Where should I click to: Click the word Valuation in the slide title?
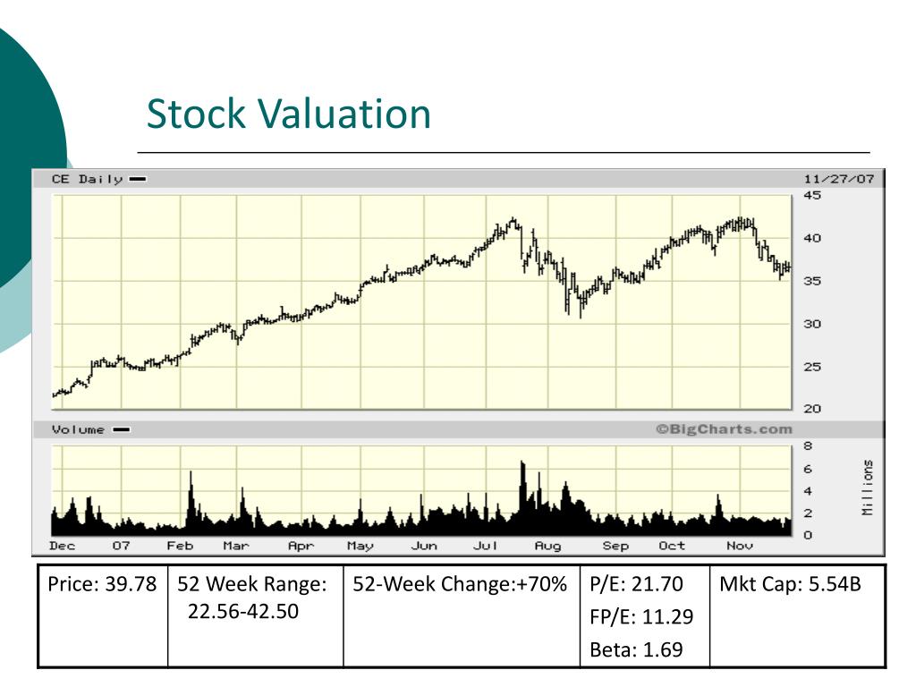[x=343, y=114]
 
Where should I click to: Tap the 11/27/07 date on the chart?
[x=838, y=179]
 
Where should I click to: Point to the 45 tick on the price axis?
[x=812, y=195]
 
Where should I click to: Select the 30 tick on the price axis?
[x=812, y=324]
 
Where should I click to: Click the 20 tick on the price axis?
[x=812, y=409]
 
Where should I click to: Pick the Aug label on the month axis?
[x=548, y=546]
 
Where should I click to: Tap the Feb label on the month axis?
[x=180, y=546]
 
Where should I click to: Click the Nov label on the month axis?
[x=740, y=546]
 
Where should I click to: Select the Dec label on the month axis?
[x=63, y=546]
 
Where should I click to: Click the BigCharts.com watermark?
[x=724, y=429]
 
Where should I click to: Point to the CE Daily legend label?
[x=88, y=179]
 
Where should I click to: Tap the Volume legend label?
[x=79, y=430]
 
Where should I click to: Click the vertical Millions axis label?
[x=868, y=488]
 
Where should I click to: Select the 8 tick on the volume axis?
[x=808, y=446]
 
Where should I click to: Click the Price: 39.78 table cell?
[x=102, y=583]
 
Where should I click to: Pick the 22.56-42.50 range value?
[x=243, y=611]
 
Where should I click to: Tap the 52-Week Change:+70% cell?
[x=460, y=583]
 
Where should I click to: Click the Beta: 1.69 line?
[x=636, y=649]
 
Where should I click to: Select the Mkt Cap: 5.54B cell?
[x=791, y=583]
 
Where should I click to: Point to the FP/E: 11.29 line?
[x=641, y=616]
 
